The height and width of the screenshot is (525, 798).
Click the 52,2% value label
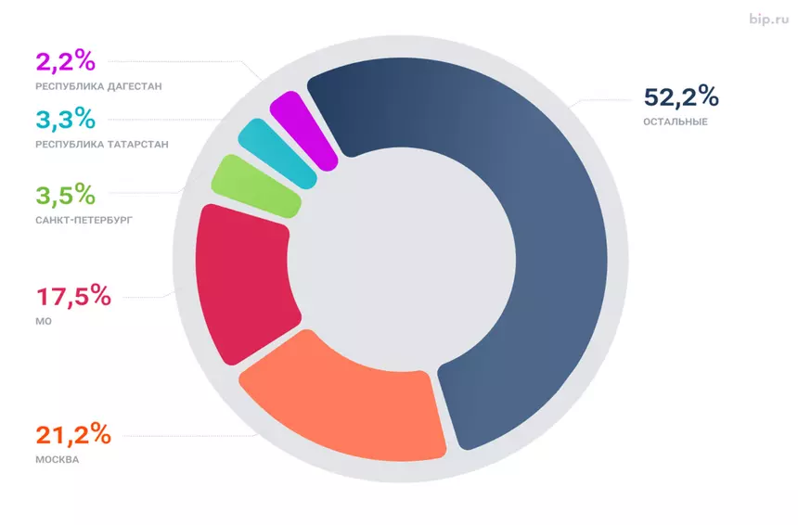pos(680,97)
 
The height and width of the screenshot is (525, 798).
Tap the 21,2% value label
pos(73,434)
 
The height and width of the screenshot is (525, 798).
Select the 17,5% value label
pos(73,297)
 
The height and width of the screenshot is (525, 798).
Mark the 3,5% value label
pos(65,196)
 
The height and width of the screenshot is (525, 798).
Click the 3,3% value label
pos(65,119)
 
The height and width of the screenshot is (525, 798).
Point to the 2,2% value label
pos(65,62)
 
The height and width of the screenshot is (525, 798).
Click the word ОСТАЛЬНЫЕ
pos(675,122)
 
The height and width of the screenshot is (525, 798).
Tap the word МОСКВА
pos(57,459)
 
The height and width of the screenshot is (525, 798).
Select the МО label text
pos(44,321)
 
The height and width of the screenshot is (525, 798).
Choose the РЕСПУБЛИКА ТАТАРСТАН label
pos(102,144)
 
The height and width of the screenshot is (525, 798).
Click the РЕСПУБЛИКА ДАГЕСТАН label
pos(98,86)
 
